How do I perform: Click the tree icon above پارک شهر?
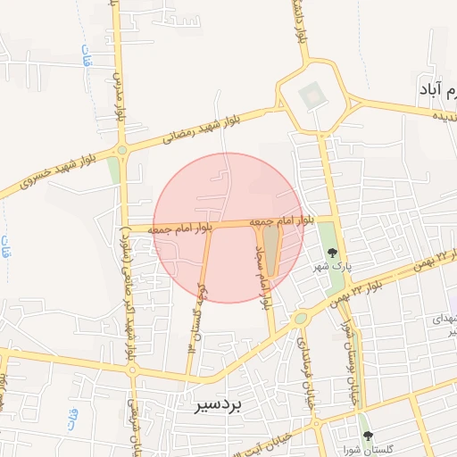click(x=332, y=253)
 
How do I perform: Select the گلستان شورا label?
click(x=368, y=449)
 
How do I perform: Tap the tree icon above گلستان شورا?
click(x=368, y=436)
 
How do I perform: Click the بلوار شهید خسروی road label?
click(x=45, y=170)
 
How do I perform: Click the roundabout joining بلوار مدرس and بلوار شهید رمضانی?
click(x=122, y=151)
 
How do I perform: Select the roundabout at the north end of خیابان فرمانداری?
click(x=302, y=318)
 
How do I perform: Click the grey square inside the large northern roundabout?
click(x=312, y=95)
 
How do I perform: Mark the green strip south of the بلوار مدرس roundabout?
click(x=113, y=170)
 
